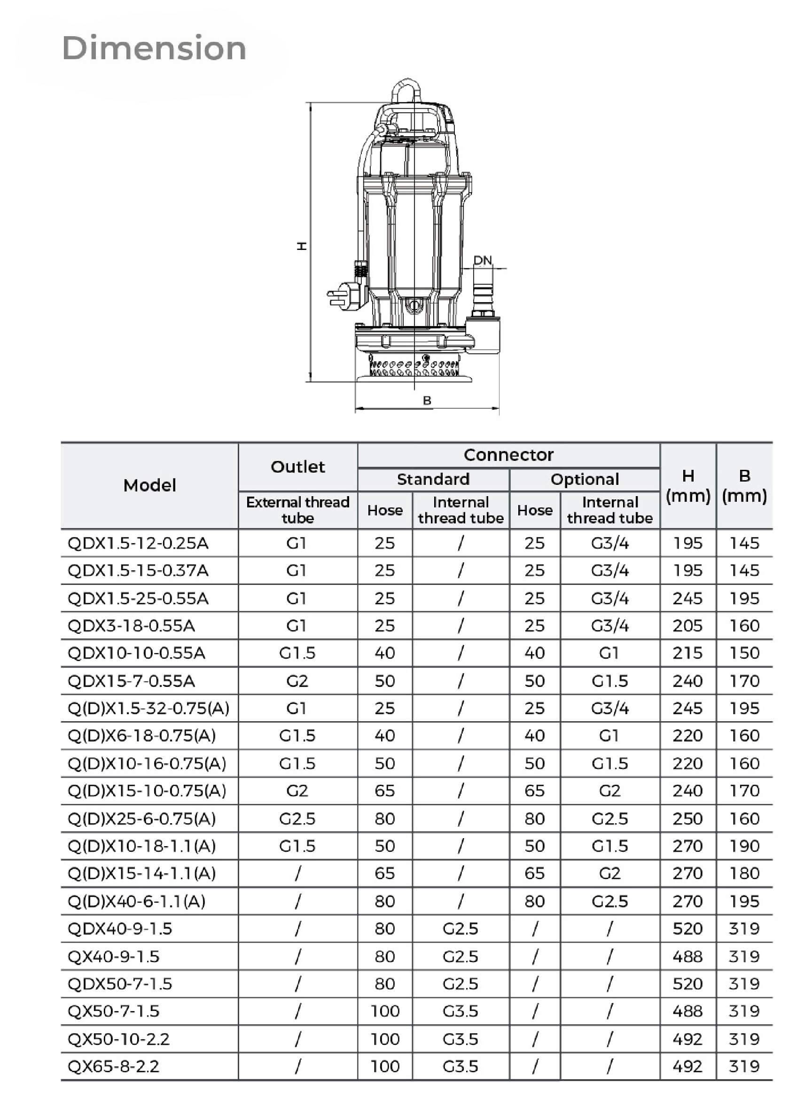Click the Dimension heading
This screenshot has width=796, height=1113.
(154, 48)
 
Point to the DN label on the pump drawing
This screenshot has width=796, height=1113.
(482, 260)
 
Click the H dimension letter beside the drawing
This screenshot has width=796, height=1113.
(302, 246)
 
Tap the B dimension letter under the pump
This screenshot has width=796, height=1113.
(427, 400)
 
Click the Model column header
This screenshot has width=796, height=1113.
(149, 485)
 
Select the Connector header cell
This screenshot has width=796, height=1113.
(508, 455)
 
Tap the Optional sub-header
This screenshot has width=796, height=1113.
(585, 479)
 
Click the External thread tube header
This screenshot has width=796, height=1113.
(297, 510)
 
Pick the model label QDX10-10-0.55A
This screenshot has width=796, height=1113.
(136, 653)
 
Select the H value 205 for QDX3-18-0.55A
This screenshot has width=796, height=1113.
(687, 625)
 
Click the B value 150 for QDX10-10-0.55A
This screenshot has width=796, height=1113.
(744, 653)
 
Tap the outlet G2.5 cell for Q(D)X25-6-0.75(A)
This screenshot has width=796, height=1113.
(297, 818)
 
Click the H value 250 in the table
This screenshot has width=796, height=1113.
(687, 818)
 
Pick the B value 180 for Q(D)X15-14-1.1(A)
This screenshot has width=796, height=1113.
(744, 873)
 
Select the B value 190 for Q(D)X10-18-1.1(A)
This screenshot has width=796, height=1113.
(744, 846)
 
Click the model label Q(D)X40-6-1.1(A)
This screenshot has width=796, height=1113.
(136, 901)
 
